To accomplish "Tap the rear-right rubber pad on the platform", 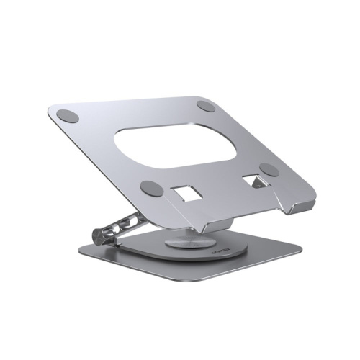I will (207, 106).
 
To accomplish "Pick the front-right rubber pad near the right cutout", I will (269, 169).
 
